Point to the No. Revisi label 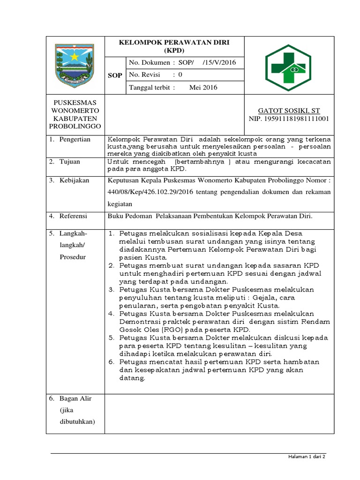click(x=144, y=75)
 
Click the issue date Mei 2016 click(x=203, y=87)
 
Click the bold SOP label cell click(x=115, y=75)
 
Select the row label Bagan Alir click(x=75, y=398)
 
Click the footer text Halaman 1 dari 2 click(x=307, y=457)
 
